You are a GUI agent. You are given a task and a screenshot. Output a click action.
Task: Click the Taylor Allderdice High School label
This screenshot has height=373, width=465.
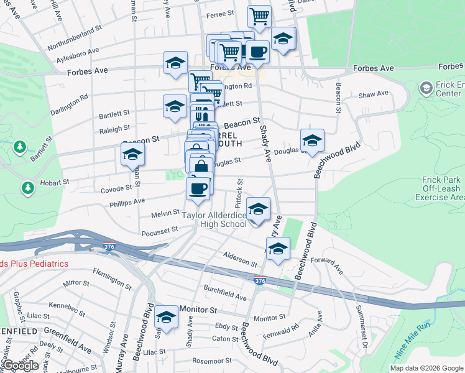[x=214, y=219]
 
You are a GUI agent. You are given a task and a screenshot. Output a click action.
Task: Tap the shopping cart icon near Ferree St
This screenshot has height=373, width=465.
[x=259, y=15]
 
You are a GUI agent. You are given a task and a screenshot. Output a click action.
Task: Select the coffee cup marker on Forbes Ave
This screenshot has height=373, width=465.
[x=257, y=51]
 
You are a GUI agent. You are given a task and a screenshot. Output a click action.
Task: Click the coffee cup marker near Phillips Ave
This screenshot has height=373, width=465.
[x=198, y=188]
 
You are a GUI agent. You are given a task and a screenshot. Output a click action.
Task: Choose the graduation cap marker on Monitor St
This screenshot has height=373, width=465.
[x=166, y=317]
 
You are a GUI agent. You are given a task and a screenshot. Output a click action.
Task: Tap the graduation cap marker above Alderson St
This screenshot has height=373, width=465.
[x=278, y=248]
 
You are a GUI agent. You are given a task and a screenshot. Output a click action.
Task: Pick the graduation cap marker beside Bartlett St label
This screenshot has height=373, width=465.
[x=175, y=106]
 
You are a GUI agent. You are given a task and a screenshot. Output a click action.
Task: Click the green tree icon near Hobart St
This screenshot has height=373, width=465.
[x=27, y=186]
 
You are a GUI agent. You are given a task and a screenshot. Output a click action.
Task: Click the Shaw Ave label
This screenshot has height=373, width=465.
[x=374, y=94]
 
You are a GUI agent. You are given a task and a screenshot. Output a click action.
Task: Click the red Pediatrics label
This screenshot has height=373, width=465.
[x=34, y=264]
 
